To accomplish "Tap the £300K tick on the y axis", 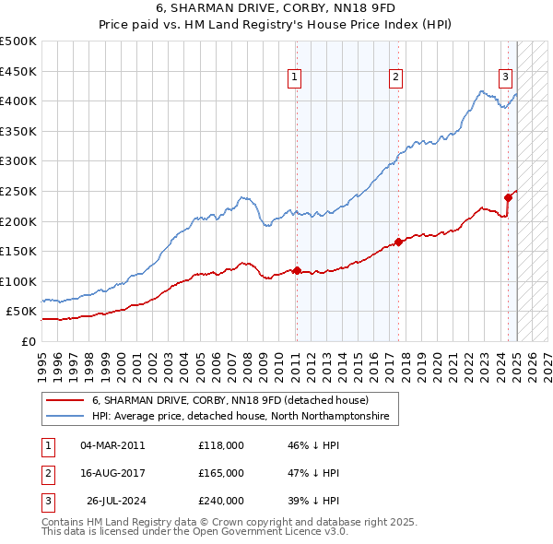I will [x=19, y=160].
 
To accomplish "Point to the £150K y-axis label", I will [x=19, y=251].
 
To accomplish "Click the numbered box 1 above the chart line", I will [x=294, y=78].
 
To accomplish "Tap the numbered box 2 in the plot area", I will [x=395, y=78].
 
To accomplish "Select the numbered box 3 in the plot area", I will [x=506, y=78].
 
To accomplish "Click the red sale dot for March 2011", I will [x=297, y=270].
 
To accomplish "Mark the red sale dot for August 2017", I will [x=399, y=242].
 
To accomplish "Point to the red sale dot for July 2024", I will [x=508, y=196].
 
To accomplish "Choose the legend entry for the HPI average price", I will [x=240, y=417].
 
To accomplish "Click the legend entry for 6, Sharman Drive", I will [x=229, y=400].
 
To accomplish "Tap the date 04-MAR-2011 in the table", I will [x=113, y=445].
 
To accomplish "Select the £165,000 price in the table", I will [x=221, y=473].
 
